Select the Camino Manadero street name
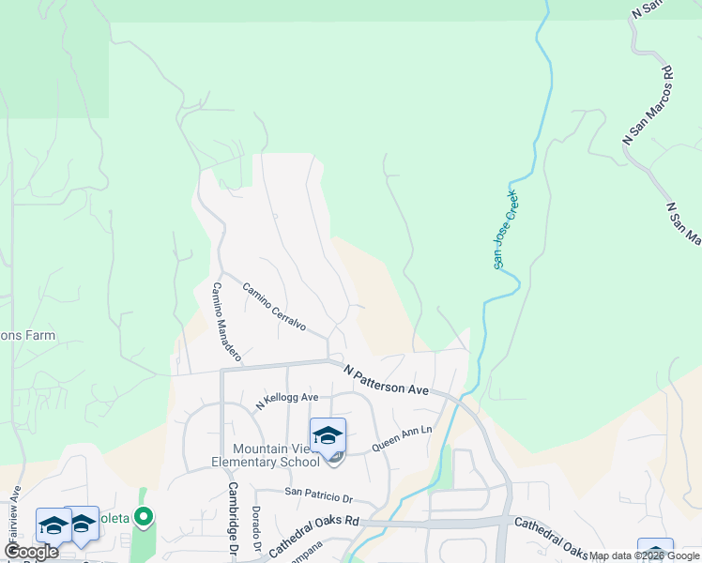[226, 322]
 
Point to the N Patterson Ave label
[386, 380]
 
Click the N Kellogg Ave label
[286, 401]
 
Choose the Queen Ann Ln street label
[403, 436]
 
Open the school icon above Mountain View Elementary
[328, 436]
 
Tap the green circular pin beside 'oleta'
[143, 516]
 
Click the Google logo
[31, 552]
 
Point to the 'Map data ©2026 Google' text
[644, 555]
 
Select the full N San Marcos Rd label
[649, 104]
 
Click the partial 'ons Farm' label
[27, 335]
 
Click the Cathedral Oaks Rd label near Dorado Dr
[314, 534]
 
